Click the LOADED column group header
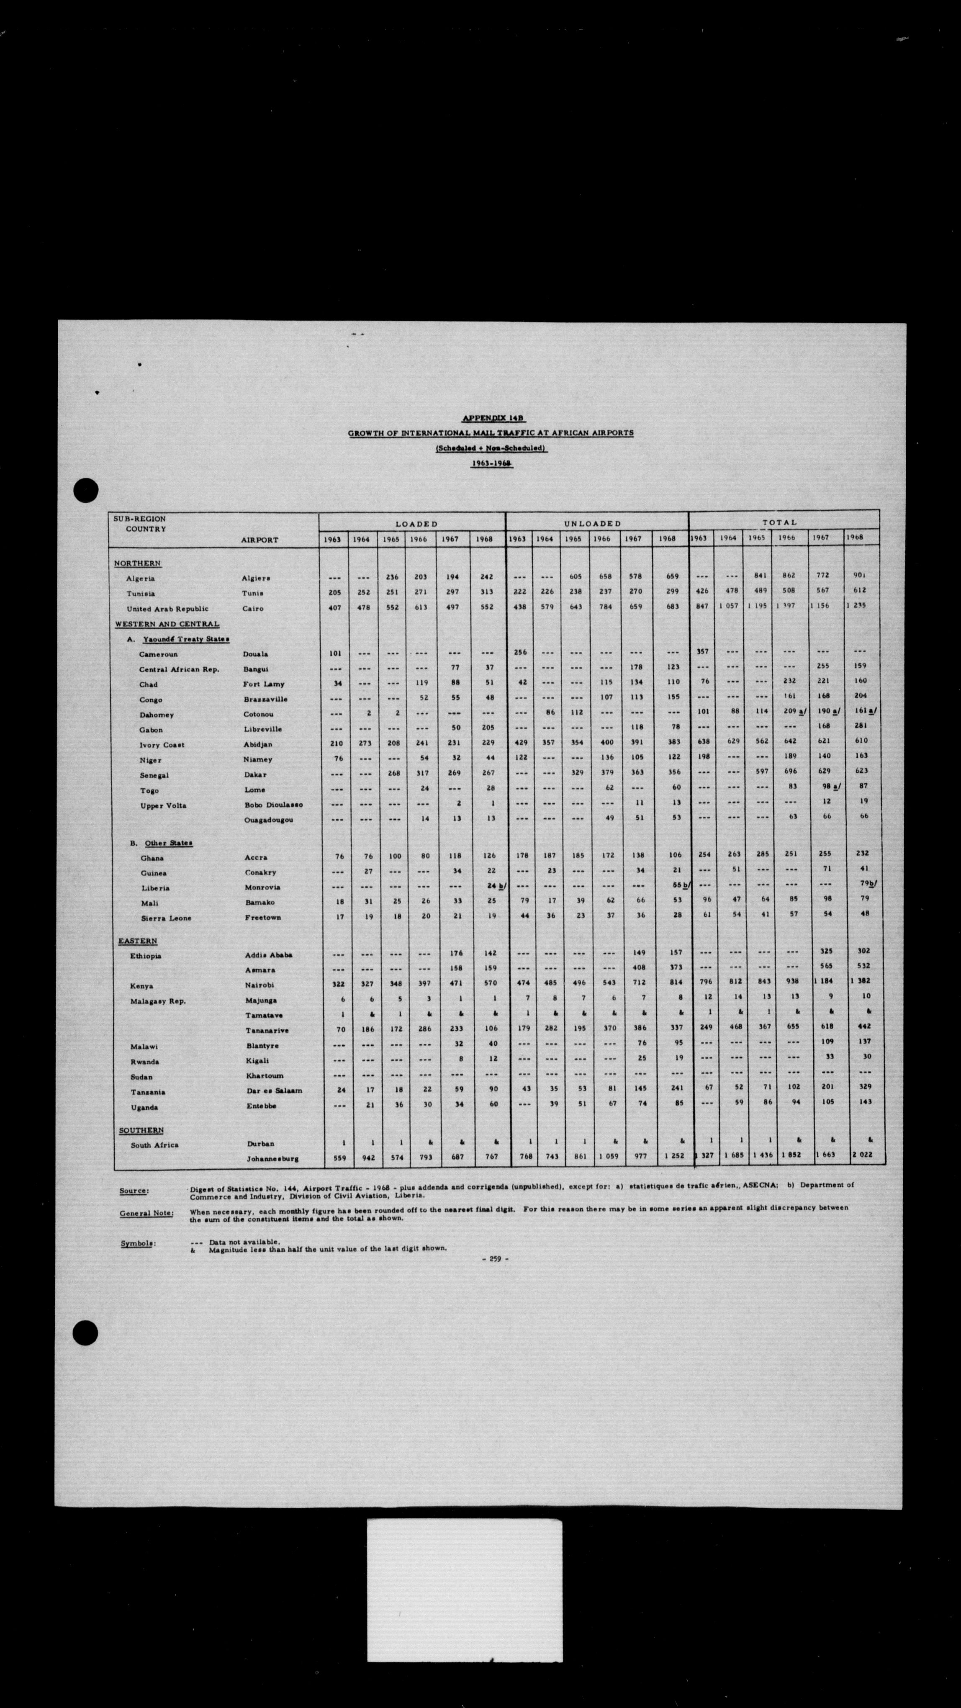(416, 524)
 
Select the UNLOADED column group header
(593, 524)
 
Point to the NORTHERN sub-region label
(137, 563)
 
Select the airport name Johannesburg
(272, 1158)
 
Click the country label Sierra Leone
(166, 918)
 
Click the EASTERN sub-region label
(138, 941)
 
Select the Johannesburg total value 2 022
(862, 1154)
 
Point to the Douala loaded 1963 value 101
(335, 653)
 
